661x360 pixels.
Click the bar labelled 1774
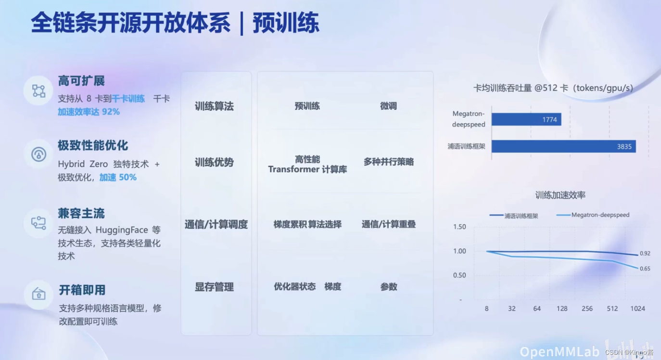[x=526, y=119]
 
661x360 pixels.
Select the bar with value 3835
[x=563, y=146]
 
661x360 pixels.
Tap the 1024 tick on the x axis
[x=637, y=309]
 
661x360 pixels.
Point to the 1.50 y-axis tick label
[x=459, y=227]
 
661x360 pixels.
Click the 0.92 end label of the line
[x=645, y=253]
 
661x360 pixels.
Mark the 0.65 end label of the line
[x=645, y=269]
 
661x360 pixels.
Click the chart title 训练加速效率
[x=560, y=195]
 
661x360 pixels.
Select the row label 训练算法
[x=214, y=106]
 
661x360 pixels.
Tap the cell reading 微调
[x=388, y=106]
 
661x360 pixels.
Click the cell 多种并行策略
[x=388, y=162]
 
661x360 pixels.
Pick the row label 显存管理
[x=214, y=287]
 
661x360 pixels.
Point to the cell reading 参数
[x=388, y=287]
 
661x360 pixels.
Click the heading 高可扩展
[x=81, y=80]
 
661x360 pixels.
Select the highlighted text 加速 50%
[x=118, y=177]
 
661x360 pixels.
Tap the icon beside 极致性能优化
[x=38, y=154]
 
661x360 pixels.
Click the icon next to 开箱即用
[x=38, y=294]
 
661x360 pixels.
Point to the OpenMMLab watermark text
[x=560, y=351]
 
